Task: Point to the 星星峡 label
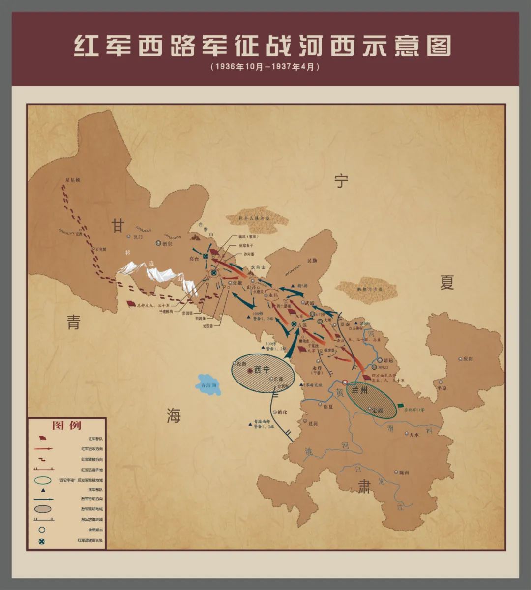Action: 72,180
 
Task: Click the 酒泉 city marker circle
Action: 158,243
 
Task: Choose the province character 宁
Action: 341,181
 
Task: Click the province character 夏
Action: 446,282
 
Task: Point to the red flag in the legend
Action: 43,438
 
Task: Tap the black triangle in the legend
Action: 43,490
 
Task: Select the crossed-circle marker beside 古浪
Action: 294,324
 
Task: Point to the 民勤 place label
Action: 312,261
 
